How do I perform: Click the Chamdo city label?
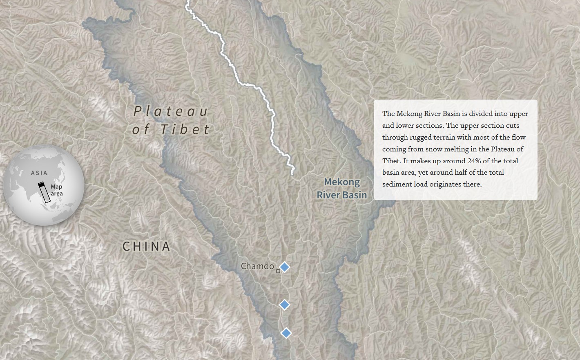257,266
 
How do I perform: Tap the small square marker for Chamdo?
279,271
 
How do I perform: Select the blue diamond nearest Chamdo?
285,267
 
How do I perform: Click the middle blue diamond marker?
285,304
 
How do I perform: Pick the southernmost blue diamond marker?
286,333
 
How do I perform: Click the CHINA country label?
147,246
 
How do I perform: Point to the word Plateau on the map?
171,111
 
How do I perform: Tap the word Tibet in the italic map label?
185,129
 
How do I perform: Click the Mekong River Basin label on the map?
342,188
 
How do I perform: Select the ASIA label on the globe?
39,173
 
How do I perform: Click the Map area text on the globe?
57,190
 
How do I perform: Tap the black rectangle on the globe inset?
44,192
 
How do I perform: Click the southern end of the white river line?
292,173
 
